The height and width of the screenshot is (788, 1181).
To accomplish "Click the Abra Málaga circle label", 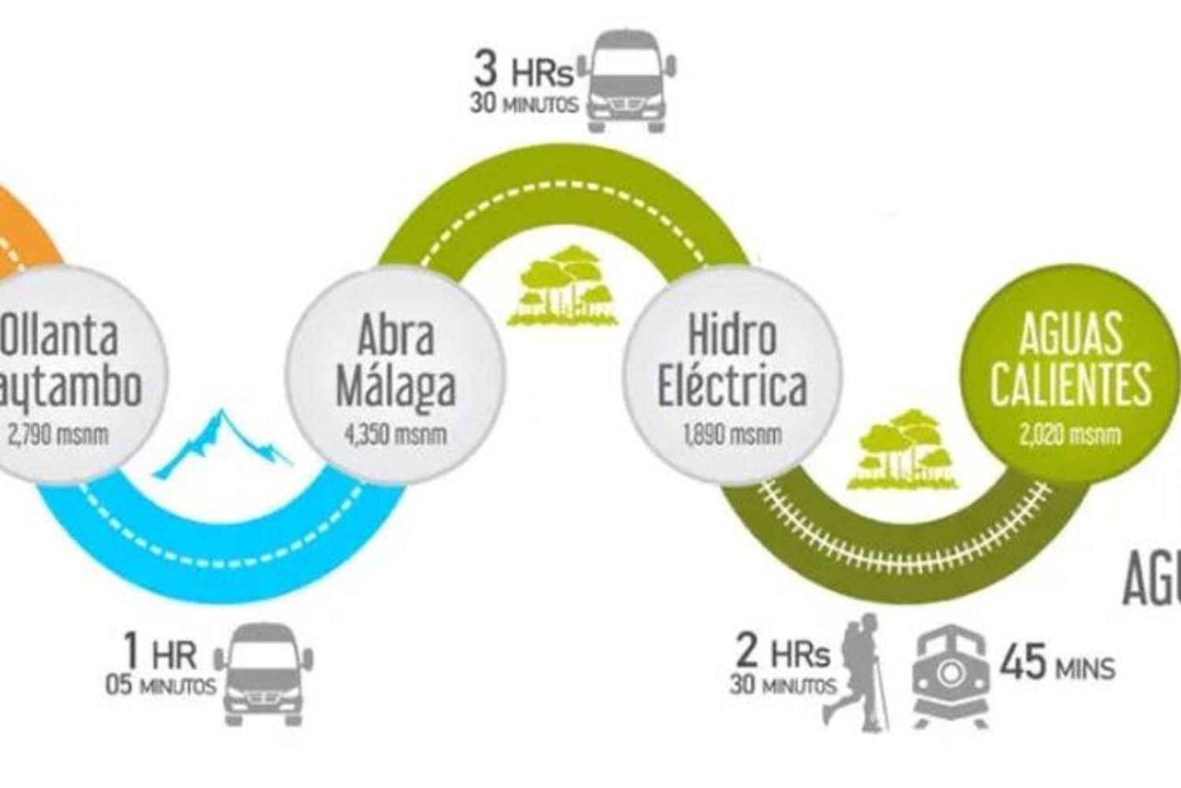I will [x=395, y=361].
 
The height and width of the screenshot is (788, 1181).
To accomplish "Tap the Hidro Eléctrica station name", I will [x=732, y=361].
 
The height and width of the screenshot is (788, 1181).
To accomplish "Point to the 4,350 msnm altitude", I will [x=395, y=434].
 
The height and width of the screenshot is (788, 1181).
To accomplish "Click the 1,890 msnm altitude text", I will [x=732, y=434].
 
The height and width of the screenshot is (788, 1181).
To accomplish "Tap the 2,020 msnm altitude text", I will [x=1069, y=434].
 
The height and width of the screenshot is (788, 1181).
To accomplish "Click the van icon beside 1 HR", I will [x=263, y=673].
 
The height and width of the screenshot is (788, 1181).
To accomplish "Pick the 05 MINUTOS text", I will [x=161, y=685].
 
